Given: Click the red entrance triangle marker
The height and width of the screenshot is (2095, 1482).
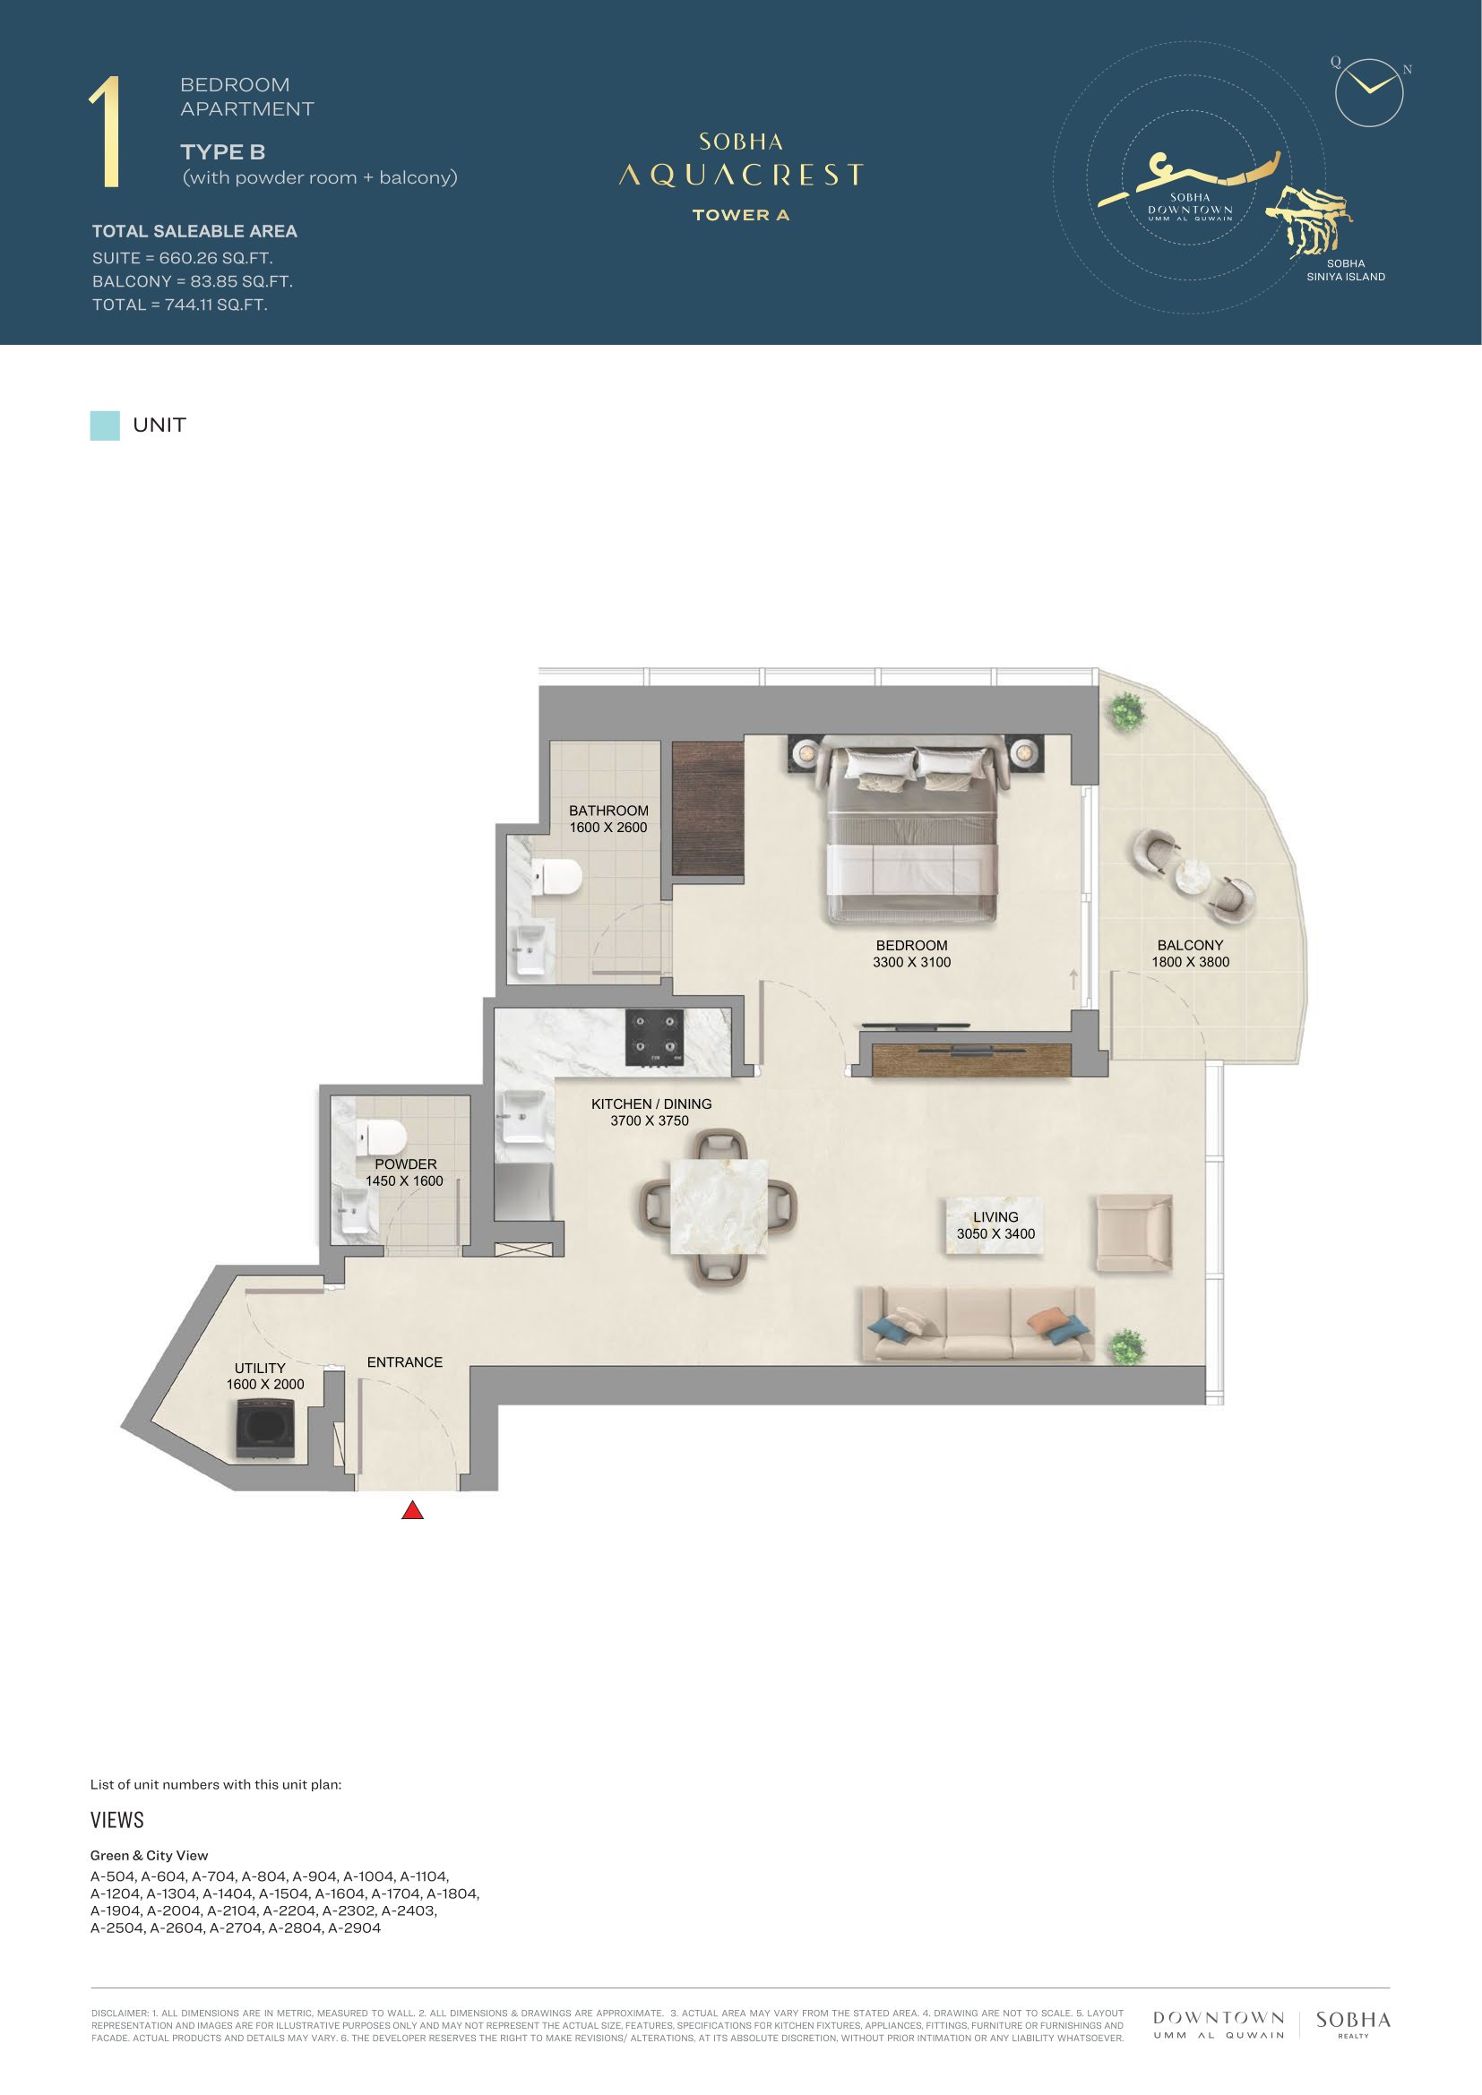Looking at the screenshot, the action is coord(412,1510).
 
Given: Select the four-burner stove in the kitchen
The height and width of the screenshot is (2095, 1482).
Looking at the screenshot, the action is coord(654,1037).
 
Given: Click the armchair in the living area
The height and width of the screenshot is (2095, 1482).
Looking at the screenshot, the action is coord(1133,1233).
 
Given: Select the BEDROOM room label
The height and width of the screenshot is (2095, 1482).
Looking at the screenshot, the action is coord(911,945).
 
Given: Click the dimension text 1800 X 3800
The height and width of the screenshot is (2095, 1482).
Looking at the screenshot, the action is coord(1190,962).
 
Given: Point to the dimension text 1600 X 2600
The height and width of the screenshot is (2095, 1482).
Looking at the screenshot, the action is coord(607,828).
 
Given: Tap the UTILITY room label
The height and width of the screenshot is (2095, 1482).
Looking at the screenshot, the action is coord(260,1368).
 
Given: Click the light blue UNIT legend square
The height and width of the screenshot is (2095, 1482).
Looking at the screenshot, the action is coord(105,425).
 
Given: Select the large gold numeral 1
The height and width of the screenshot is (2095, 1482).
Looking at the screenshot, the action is coord(106,133).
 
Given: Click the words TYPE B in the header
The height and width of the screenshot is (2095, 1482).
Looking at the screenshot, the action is coord(223,152).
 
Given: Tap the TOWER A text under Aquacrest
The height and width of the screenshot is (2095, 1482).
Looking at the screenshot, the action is coord(740,215).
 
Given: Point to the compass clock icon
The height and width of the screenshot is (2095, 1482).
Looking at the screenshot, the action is coord(1369,92).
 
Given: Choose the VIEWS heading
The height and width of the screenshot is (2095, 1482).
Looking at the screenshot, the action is coord(117,1819).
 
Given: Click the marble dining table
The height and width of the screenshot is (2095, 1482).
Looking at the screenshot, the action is coord(719,1206).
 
